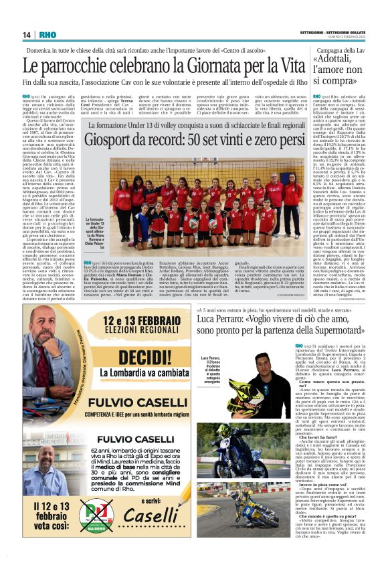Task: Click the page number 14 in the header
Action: click(x=27, y=35)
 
